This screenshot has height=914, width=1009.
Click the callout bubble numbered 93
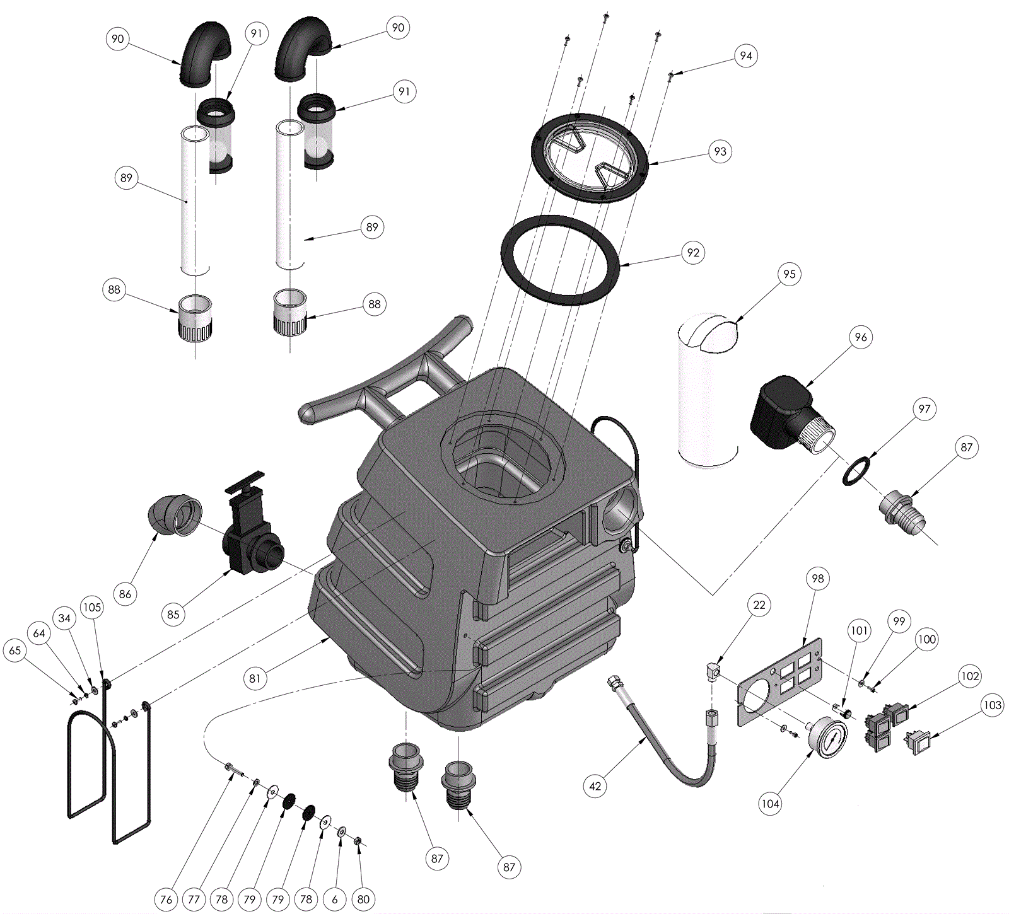point(720,151)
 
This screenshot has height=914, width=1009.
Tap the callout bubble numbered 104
point(770,803)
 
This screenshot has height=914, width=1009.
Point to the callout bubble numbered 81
point(254,678)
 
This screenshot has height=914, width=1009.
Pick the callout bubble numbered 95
point(789,274)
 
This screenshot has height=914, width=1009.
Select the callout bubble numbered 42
point(595,786)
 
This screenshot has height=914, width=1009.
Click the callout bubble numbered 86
point(125,594)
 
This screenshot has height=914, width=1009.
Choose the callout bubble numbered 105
point(92,607)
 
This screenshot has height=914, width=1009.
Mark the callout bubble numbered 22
point(759,605)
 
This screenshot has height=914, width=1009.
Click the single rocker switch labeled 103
point(918,743)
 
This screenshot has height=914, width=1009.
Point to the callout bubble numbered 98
point(817,579)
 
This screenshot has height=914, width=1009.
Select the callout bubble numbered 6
point(335,900)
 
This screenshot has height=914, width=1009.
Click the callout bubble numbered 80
point(363,900)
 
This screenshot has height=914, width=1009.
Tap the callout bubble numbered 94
point(746,56)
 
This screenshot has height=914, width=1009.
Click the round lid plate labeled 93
point(590,158)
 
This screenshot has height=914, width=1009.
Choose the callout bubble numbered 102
point(970,676)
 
